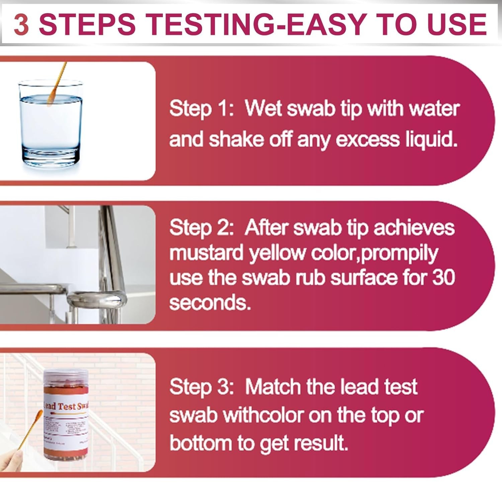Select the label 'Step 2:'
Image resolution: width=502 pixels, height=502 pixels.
click(201, 228)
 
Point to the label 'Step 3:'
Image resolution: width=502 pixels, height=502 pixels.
click(201, 387)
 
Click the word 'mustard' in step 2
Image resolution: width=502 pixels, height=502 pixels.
click(206, 253)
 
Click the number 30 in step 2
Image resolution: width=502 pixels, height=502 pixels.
click(443, 278)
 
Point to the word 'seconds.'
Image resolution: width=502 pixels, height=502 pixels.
click(210, 303)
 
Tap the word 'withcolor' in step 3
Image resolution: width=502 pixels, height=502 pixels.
click(263, 415)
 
